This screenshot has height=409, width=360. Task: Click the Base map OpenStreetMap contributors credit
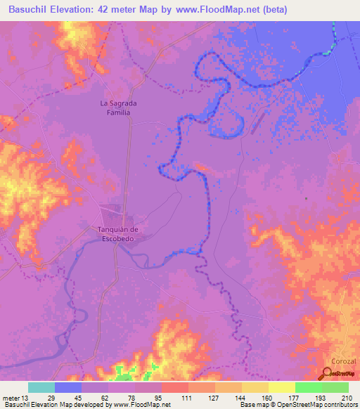tap(296, 404)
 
